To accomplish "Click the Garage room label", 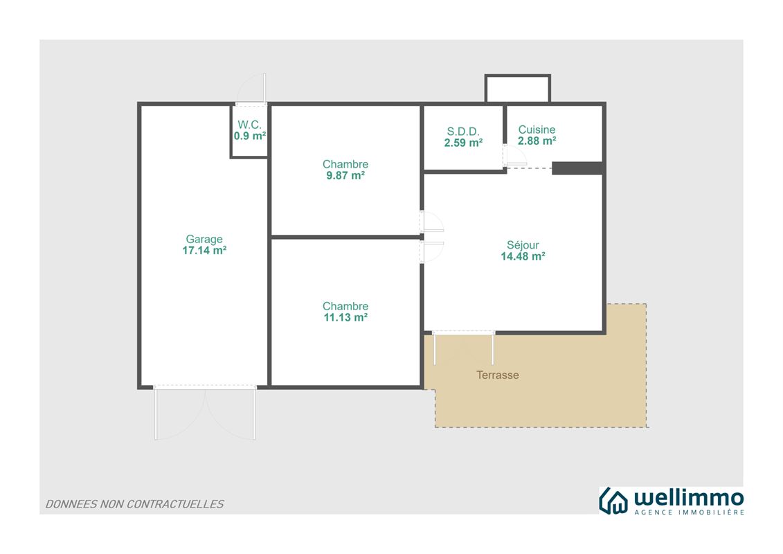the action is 204,240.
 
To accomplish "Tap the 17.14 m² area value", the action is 204,250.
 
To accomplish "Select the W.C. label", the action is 249,125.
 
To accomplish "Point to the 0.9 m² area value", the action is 250,136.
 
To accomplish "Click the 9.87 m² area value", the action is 345,175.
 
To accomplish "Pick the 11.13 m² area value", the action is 345,317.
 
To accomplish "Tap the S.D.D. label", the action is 463,132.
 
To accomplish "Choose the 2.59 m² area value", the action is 463,143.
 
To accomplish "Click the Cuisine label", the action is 537,130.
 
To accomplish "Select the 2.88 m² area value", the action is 537,141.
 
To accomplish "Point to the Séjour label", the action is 523,244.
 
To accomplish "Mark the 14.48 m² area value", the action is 523,256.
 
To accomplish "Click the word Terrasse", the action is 497,375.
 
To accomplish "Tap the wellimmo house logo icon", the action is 613,501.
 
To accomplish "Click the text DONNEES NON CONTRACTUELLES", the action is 134,504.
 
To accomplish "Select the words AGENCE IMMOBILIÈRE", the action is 689,512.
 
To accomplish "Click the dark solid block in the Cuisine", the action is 577,168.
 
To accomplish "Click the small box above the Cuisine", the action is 517,89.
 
